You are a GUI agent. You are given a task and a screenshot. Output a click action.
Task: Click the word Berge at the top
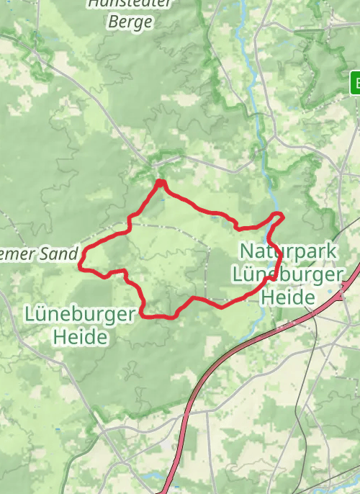pos(130,22)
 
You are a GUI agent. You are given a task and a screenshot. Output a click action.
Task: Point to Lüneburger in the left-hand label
pos(80,315)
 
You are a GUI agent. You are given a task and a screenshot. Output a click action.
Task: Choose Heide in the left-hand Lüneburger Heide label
pos(79,336)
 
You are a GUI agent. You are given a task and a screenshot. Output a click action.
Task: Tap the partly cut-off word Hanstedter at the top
pos(130,3)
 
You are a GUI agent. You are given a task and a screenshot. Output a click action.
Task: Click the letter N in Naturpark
pos(246,251)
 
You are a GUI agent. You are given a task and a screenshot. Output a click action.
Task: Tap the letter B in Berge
pos(113,22)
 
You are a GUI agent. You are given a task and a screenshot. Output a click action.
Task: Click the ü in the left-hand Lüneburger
pos(42,315)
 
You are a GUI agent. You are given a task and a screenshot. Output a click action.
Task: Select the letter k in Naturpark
pos(333,251)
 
